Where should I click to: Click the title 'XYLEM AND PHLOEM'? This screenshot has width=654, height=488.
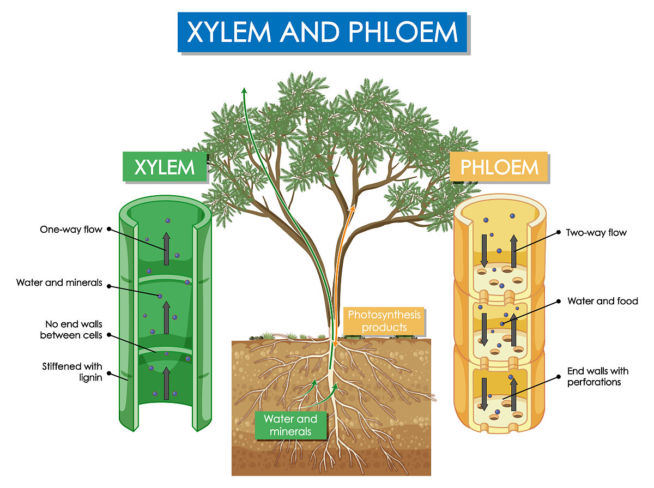coord(322,32)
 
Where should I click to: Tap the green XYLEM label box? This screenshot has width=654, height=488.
coord(164,167)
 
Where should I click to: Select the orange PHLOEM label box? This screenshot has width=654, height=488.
coord(499,166)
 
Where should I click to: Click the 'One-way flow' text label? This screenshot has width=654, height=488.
coord(71,230)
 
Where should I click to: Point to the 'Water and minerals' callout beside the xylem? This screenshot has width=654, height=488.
coord(59,282)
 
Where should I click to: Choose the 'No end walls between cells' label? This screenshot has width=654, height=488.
coord(71,330)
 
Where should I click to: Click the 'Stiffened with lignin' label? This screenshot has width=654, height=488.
coord(72,371)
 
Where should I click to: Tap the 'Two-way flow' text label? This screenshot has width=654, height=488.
coord(596,233)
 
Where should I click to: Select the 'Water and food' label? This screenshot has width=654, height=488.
coord(602,301)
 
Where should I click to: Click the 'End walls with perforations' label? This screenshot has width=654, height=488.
coord(597,376)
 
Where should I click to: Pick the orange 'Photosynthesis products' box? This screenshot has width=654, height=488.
coord(384,321)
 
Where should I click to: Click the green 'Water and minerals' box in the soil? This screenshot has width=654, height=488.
coord(290,425)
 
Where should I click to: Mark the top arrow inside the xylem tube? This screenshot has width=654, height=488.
coord(167,249)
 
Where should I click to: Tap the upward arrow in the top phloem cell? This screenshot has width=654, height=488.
coord(513,251)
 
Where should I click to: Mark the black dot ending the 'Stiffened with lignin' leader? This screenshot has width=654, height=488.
coord(109,374)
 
